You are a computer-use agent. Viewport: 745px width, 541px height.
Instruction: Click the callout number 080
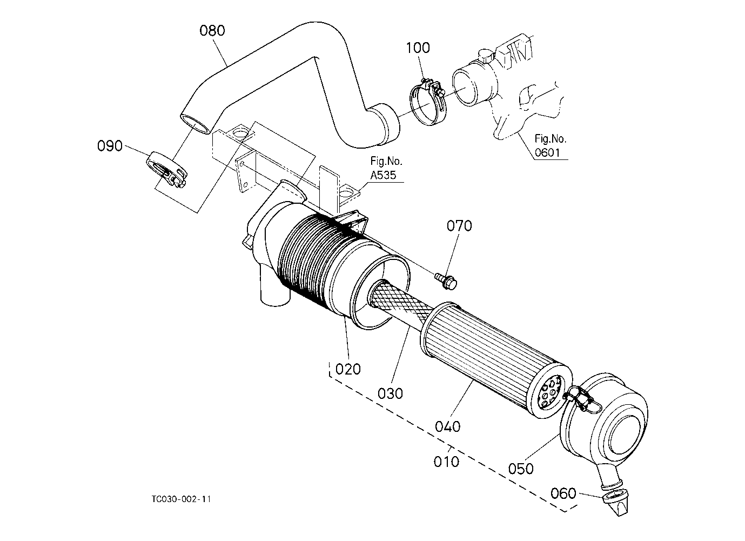point(212,30)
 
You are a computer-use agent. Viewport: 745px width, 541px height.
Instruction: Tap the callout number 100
point(418,48)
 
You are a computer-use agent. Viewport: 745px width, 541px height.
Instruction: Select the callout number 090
point(110,146)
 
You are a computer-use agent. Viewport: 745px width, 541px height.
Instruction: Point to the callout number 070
point(459,226)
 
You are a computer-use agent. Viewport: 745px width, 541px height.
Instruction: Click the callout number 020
point(348,369)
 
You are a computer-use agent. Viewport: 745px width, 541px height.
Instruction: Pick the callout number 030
point(390,393)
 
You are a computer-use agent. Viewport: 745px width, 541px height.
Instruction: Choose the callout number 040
point(448,426)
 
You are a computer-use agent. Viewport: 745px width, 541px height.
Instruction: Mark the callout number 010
point(446,462)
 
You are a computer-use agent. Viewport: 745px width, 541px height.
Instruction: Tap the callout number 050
point(521,469)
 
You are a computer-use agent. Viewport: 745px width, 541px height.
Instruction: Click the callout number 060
point(563,493)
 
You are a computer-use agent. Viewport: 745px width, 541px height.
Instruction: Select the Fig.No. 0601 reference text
point(551,145)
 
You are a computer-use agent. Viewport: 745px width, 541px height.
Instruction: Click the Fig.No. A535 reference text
point(386,168)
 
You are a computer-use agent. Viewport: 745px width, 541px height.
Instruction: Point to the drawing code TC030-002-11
point(182,499)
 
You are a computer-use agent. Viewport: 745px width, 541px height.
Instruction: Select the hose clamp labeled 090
point(167,169)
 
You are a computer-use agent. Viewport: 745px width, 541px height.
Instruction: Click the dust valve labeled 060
point(616,504)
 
